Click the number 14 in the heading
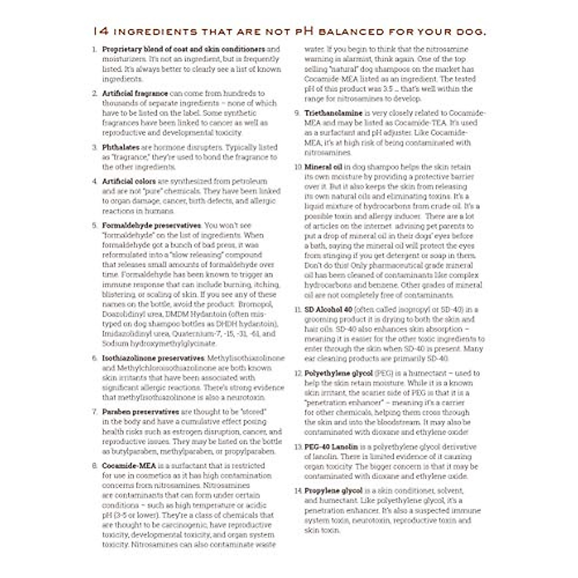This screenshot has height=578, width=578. (x=101, y=32)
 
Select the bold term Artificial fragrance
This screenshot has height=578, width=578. (x=135, y=93)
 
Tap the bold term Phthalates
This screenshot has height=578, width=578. (x=120, y=147)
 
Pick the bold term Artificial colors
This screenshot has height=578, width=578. (x=129, y=182)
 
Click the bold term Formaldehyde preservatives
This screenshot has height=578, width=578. (x=152, y=225)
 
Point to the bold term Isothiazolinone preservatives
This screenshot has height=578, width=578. (x=153, y=358)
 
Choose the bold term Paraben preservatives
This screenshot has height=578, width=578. (x=140, y=412)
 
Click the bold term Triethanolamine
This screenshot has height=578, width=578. (x=333, y=113)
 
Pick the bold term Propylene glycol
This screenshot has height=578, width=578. (x=333, y=491)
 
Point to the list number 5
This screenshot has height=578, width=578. (x=95, y=225)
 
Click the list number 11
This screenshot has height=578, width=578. (x=298, y=310)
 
